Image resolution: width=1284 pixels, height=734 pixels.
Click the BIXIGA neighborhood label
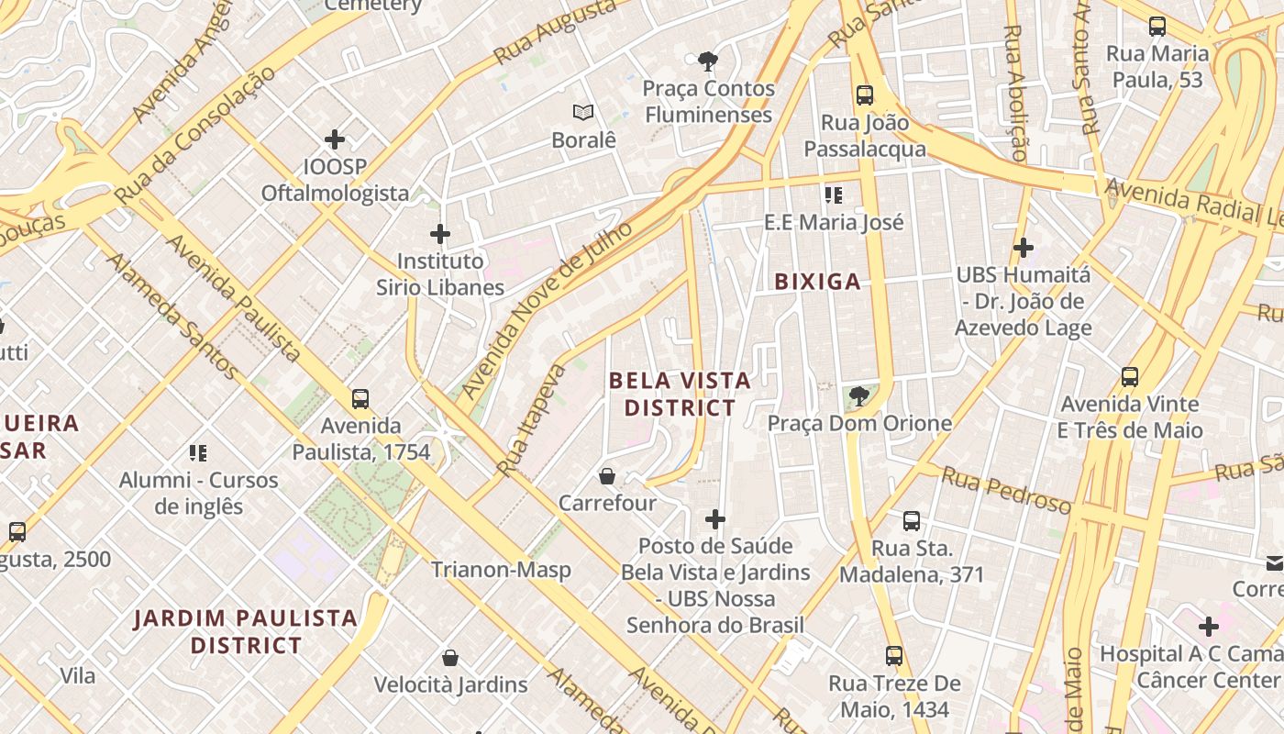(x=817, y=282)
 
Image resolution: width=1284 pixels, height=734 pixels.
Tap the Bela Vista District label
(x=680, y=394)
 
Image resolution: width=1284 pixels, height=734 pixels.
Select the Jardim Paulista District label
(x=246, y=631)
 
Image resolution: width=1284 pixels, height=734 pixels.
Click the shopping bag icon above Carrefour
(x=607, y=476)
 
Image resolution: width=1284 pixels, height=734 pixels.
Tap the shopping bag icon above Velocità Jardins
(x=450, y=658)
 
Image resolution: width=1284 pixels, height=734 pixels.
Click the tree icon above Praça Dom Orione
(x=858, y=396)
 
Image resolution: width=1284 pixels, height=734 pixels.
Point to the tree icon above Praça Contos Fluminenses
(x=708, y=62)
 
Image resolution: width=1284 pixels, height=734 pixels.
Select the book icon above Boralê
(x=583, y=113)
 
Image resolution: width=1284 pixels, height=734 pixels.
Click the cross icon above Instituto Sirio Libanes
(x=440, y=235)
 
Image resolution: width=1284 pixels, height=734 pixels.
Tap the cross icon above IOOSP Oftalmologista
(x=335, y=139)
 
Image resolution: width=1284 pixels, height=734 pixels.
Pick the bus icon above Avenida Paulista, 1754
(x=360, y=399)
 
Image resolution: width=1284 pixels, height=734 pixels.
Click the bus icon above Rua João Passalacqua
(x=864, y=95)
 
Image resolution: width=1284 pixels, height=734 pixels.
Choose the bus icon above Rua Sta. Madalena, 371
(x=911, y=521)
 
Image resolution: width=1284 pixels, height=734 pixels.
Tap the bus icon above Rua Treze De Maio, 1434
(x=894, y=656)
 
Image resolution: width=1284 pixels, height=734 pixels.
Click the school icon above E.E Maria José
(x=834, y=195)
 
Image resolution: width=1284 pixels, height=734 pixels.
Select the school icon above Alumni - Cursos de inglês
(x=198, y=452)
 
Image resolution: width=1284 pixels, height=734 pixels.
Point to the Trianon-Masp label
(x=501, y=570)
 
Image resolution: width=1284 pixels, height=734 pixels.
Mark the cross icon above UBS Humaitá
(x=1024, y=248)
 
